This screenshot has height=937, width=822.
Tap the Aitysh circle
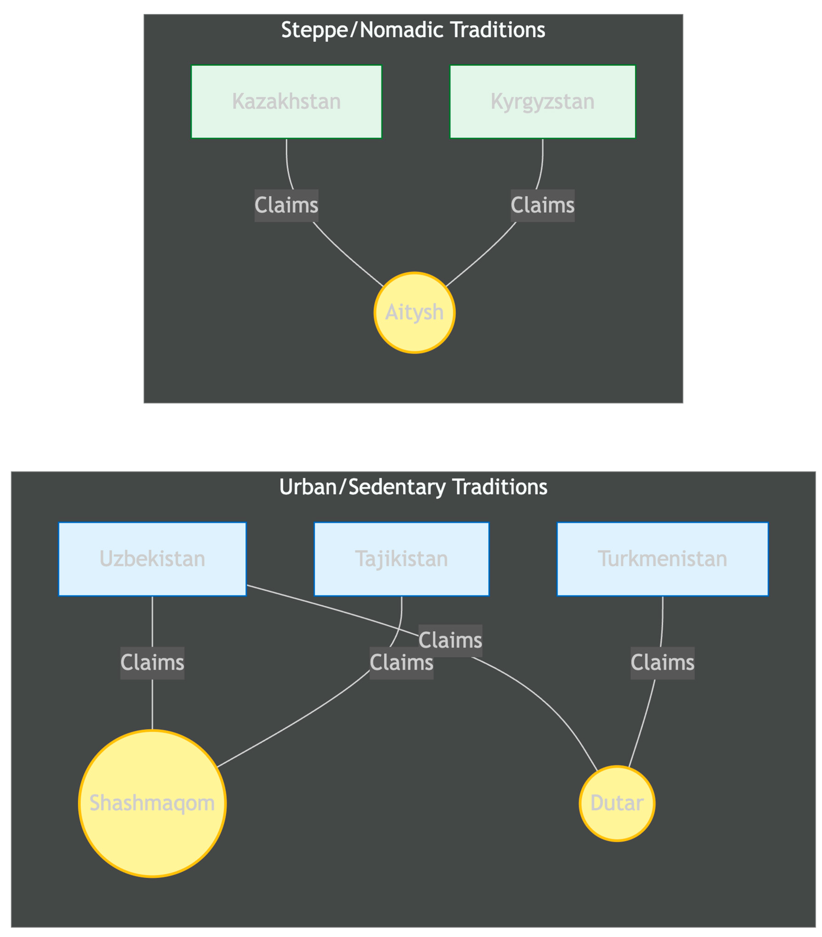[414, 313]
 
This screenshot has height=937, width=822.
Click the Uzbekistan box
[152, 559]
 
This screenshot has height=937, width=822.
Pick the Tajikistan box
[401, 559]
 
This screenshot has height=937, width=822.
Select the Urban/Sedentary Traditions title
[413, 487]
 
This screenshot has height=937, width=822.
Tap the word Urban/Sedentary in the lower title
[362, 487]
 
